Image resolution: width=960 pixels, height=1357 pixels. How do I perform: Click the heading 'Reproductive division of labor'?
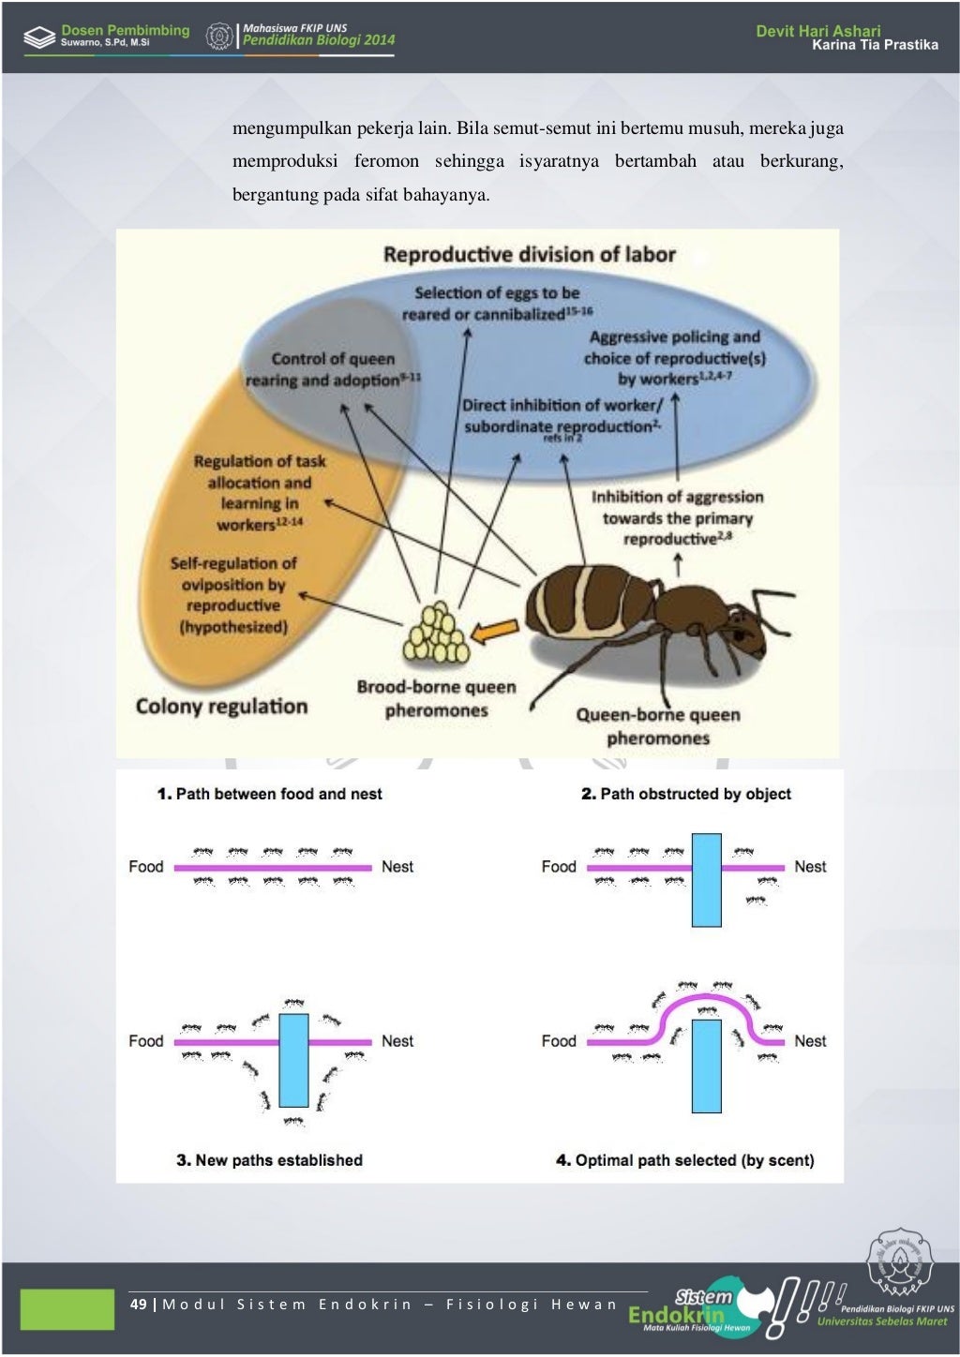pyautogui.click(x=529, y=255)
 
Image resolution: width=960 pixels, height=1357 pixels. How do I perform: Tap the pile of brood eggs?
pyautogui.click(x=435, y=634)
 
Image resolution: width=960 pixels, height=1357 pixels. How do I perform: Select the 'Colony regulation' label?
pyautogui.click(x=221, y=707)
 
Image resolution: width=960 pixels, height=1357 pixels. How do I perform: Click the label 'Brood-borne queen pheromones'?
pyautogui.click(x=436, y=698)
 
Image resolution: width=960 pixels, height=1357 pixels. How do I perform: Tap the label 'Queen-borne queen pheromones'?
pyautogui.click(x=657, y=726)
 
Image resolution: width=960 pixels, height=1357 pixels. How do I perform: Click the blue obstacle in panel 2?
pyautogui.click(x=706, y=879)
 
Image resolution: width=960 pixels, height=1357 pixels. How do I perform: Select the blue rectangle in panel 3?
pyautogui.click(x=293, y=1060)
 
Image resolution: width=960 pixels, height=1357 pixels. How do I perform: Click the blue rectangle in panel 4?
pyautogui.click(x=706, y=1066)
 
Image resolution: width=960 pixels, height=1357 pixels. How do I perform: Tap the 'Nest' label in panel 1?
pyautogui.click(x=397, y=867)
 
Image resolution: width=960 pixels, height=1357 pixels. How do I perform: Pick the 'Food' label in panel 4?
pyautogui.click(x=558, y=1041)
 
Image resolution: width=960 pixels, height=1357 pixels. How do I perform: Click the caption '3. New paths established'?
pyautogui.click(x=269, y=1160)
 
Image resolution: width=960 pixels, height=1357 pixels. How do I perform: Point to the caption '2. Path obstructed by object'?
pyautogui.click(x=685, y=794)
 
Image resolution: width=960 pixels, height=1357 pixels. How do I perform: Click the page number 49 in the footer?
pyautogui.click(x=138, y=1304)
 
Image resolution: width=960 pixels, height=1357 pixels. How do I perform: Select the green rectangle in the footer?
pyautogui.click(x=67, y=1308)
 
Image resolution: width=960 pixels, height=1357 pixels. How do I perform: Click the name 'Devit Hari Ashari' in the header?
pyautogui.click(x=817, y=31)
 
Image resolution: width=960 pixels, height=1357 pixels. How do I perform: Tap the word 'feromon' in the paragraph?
pyautogui.click(x=386, y=161)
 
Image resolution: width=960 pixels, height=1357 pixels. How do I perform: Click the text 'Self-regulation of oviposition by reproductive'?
pyautogui.click(x=233, y=585)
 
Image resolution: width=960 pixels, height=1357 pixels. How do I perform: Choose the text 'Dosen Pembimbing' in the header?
pyautogui.click(x=125, y=30)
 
